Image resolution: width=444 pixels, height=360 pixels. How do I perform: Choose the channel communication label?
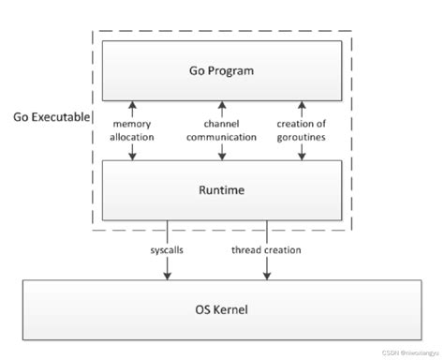(x=223, y=130)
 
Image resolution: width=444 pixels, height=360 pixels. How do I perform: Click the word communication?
(x=223, y=137)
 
